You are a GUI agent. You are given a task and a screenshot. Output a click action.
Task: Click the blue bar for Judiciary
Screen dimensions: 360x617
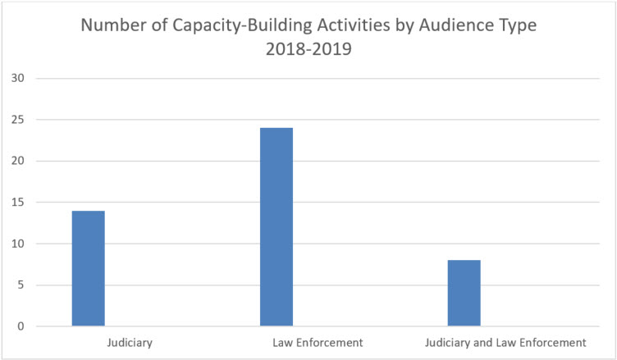click(x=88, y=269)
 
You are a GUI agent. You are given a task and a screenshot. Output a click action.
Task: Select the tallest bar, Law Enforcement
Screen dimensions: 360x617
click(x=276, y=227)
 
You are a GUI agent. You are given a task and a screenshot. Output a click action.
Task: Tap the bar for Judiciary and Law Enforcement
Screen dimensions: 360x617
click(x=464, y=294)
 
